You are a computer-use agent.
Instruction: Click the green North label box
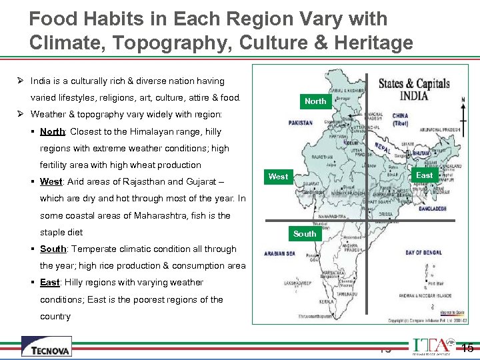tap(315, 101)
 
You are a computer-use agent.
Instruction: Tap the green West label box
tap(278, 177)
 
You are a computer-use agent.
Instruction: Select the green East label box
tap(424, 175)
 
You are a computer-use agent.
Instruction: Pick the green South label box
tap(305, 234)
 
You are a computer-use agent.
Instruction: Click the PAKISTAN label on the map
tap(300, 123)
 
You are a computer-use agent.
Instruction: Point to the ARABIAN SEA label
tap(279, 254)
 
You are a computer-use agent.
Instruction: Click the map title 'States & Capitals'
tap(414, 84)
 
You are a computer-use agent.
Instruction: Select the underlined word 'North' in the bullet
tap(52, 131)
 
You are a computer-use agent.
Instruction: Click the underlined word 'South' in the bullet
tap(53, 249)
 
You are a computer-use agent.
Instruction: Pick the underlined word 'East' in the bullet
tap(49, 283)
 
